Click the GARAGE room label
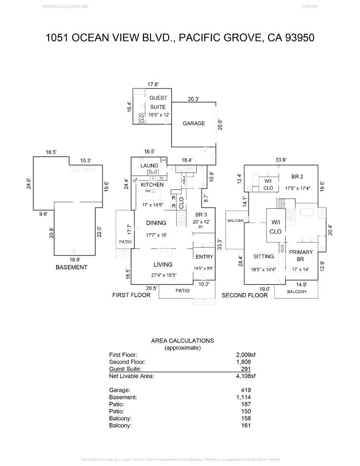coord(194,123)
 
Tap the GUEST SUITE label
coord(158,102)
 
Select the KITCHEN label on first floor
coord(152,185)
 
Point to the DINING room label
coord(156,223)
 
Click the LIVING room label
coord(163,264)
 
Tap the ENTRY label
coord(204,257)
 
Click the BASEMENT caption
coord(72,268)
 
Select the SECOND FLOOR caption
coord(244,296)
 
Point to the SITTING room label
coord(263,256)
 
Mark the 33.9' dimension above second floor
coord(281,160)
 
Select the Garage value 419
coord(246,390)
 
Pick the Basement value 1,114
coord(244,397)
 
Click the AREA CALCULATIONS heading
coord(182,340)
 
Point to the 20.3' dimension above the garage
coord(193,99)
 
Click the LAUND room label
coord(149,166)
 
